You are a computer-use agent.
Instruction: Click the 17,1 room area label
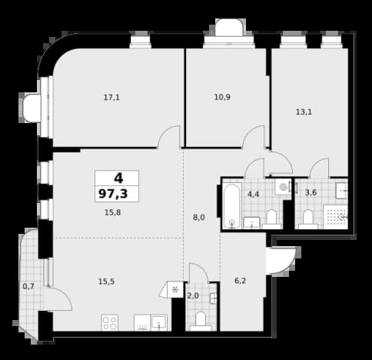[x=111, y=98]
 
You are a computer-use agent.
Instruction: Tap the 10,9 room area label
[x=222, y=97]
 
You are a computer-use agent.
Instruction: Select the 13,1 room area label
[x=304, y=112]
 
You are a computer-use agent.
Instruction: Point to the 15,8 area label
[x=113, y=212]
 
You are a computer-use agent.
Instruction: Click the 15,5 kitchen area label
[x=106, y=282]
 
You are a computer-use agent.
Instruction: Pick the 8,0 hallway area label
[x=199, y=218]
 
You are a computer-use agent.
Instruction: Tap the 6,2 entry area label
[x=241, y=281]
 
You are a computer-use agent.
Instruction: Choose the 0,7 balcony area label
[x=28, y=286]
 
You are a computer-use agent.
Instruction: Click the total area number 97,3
[x=113, y=194]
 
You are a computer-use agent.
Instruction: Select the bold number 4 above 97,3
[x=118, y=178]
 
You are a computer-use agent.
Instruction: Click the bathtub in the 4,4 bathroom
[x=232, y=205]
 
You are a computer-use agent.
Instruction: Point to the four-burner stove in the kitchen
[x=110, y=322]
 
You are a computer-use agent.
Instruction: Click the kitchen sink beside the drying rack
[x=159, y=322]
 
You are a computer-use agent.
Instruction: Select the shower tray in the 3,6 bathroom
[x=335, y=217]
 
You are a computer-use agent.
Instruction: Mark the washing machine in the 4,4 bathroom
[x=283, y=186]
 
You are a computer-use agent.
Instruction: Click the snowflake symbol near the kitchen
[x=175, y=290]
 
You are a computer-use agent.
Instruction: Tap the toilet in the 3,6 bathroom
[x=308, y=219]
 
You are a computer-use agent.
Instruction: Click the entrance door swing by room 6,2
[x=281, y=260]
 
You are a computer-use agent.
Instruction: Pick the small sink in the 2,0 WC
[x=213, y=298]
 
